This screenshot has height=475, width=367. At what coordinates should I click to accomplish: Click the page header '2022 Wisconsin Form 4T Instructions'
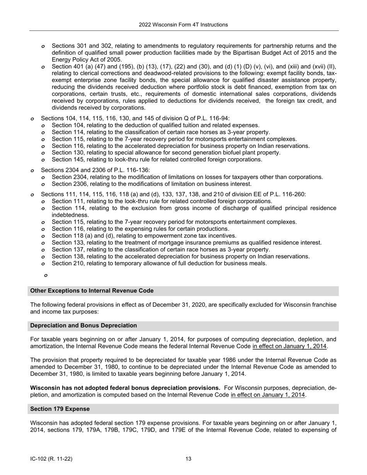tap(183, 25)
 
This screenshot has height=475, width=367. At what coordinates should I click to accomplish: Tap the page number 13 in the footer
tap(188, 459)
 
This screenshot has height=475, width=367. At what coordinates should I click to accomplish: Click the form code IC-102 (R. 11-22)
tap(51, 459)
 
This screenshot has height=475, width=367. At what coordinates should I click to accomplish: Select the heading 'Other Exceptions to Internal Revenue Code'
tap(92, 291)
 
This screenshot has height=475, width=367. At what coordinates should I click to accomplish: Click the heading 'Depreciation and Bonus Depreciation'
tap(83, 326)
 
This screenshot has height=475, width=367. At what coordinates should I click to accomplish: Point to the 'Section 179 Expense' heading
tap(60, 409)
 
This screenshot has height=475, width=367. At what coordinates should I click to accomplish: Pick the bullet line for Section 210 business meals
tap(159, 264)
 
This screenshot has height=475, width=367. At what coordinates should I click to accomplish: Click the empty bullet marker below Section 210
tap(46, 275)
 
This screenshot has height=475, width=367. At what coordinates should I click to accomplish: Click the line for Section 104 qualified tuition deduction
tap(155, 126)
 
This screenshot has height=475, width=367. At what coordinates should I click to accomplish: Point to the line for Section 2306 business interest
tap(151, 184)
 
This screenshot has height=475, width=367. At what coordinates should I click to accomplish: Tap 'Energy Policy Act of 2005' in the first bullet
tap(87, 60)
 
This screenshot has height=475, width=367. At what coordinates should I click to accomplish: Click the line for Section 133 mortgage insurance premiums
tap(186, 243)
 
